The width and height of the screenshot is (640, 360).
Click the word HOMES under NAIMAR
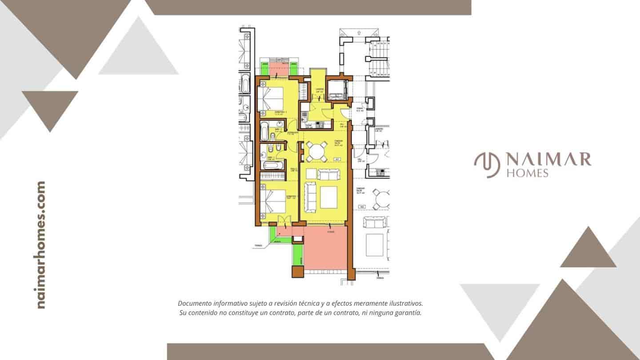pyautogui.click(x=527, y=173)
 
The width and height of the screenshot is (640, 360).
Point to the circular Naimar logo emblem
pyautogui.click(x=487, y=164)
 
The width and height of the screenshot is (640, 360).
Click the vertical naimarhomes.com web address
pyautogui.click(x=41, y=245)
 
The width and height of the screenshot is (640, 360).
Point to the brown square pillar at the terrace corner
pyautogui.click(x=297, y=272)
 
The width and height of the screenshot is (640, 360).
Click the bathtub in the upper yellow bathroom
pyautogui.click(x=264, y=132)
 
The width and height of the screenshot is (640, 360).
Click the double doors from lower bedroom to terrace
pyautogui.click(x=282, y=220)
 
